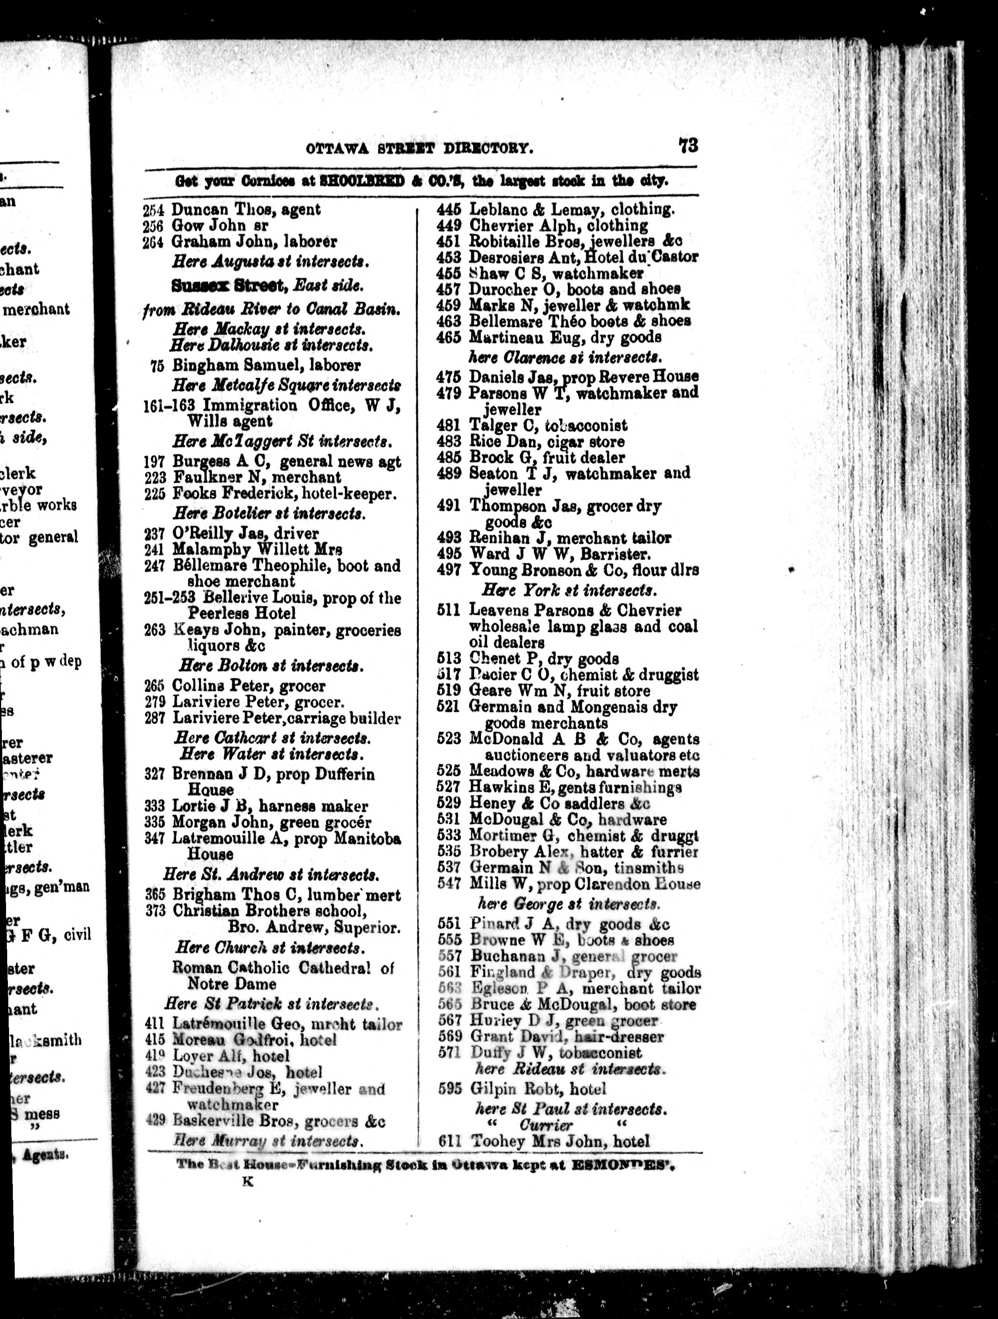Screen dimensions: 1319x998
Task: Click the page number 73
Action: point(688,146)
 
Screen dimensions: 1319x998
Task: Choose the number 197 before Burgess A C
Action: point(154,462)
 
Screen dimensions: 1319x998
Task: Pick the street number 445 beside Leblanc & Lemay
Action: point(448,210)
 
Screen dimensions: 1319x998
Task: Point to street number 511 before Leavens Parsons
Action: point(448,610)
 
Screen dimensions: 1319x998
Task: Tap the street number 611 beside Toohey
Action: point(450,1142)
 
